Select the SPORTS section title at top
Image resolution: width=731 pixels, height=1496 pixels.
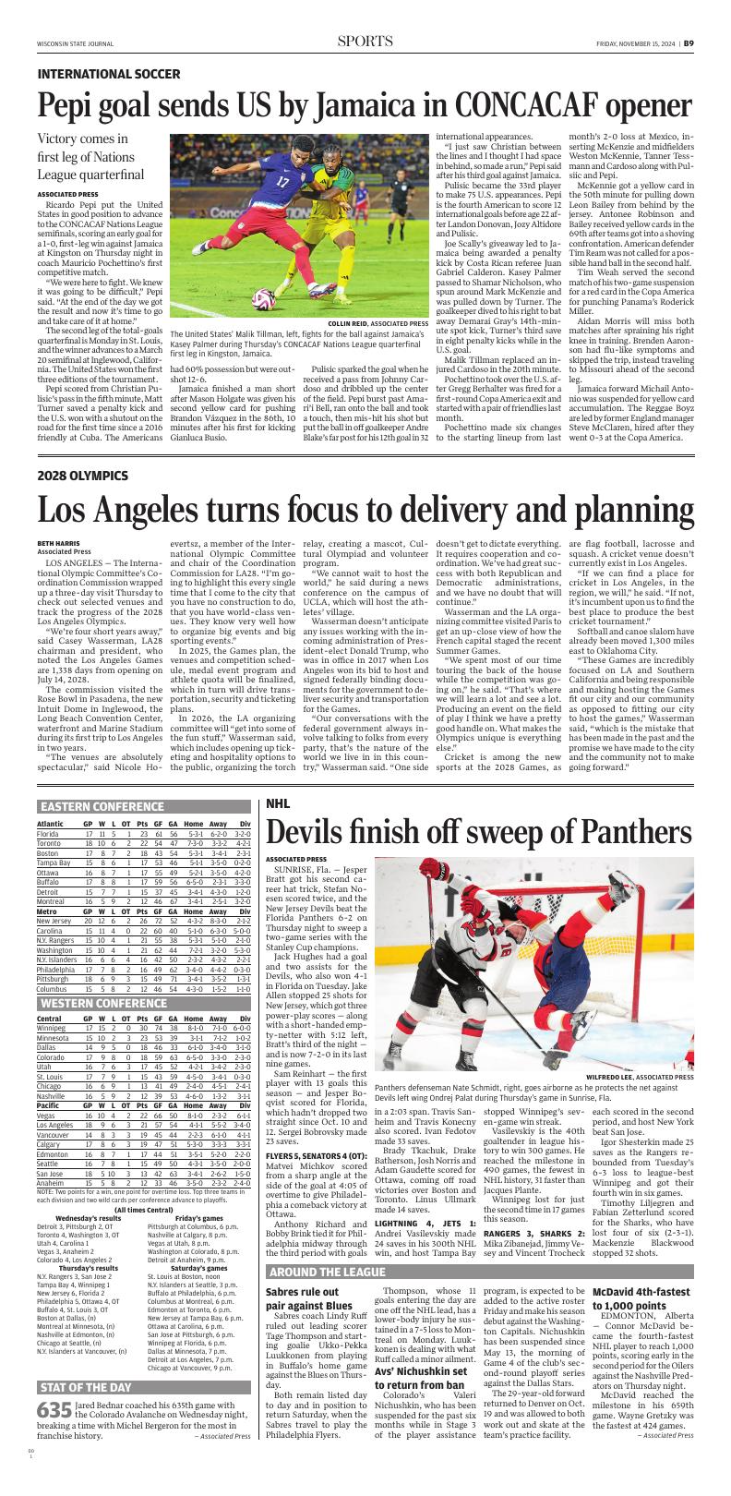[365, 42]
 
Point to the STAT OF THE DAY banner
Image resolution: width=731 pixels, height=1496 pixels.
[85, 1413]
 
